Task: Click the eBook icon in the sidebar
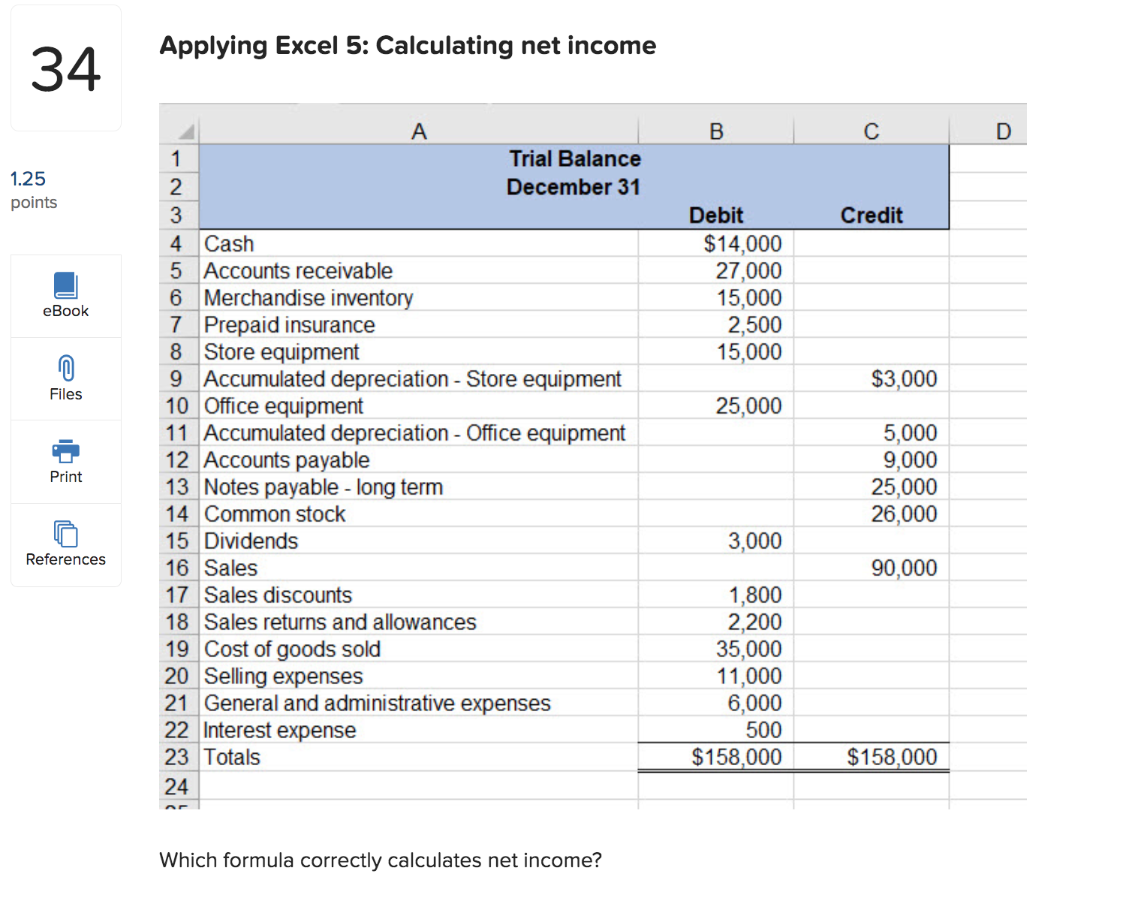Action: [65, 285]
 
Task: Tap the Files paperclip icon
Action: [65, 369]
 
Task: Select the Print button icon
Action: [65, 450]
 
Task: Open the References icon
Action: [65, 534]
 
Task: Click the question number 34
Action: [65, 69]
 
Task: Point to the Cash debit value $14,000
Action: [742, 244]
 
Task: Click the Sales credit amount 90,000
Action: [903, 568]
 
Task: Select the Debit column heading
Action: [715, 215]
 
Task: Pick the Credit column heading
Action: [871, 215]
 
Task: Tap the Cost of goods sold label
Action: [292, 649]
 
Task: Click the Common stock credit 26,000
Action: [903, 514]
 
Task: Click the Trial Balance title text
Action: [574, 159]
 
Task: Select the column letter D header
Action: [1003, 131]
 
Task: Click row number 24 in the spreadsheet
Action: [176, 787]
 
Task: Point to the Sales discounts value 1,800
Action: [754, 595]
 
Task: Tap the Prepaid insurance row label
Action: [289, 325]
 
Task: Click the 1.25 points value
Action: [28, 179]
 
